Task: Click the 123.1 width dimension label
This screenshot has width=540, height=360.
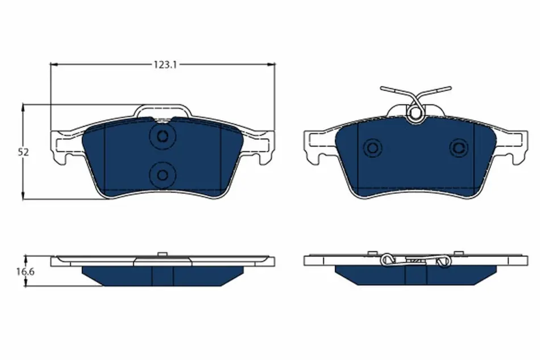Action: click(165, 64)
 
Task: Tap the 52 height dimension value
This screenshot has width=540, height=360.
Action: click(23, 152)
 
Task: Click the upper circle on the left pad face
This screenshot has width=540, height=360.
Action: click(162, 136)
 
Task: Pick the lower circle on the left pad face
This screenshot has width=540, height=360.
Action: click(162, 175)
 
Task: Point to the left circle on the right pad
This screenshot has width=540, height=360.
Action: click(372, 148)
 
